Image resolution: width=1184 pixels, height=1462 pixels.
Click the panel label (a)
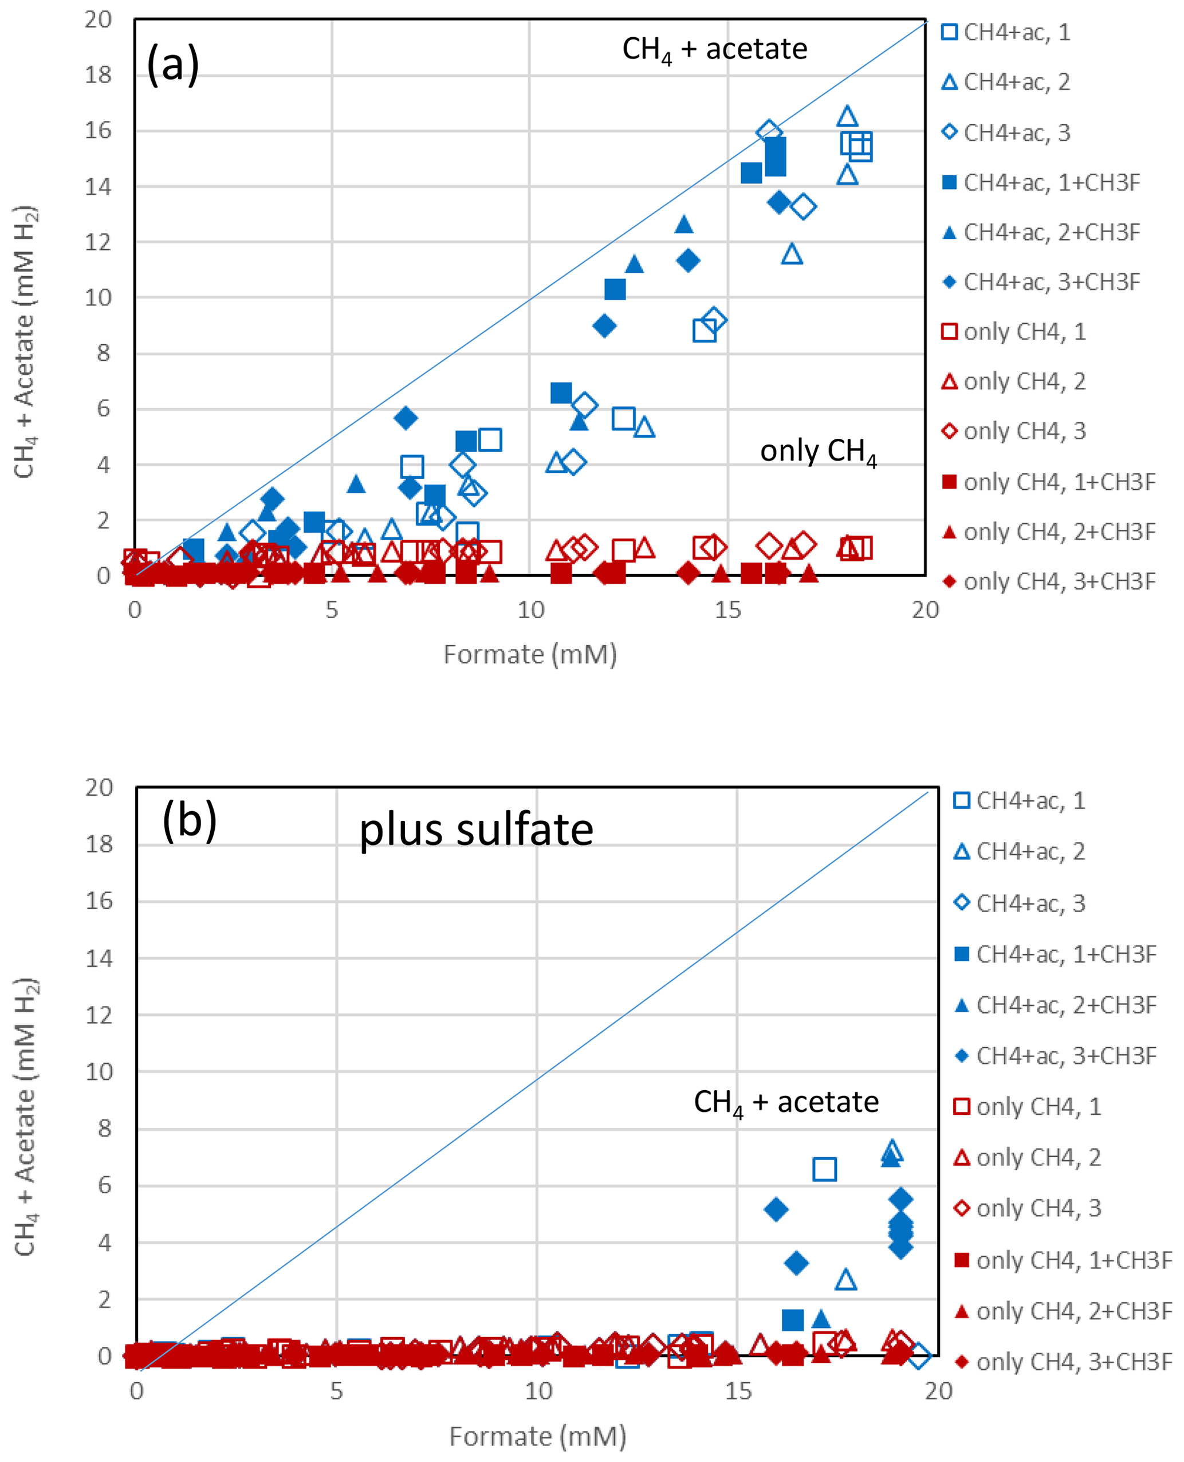coord(172,64)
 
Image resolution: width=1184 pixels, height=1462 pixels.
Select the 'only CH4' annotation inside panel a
coord(818,451)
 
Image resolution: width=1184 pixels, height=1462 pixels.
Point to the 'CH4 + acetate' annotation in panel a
coord(714,50)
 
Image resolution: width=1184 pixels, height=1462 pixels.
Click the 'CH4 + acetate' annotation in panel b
coord(786,1102)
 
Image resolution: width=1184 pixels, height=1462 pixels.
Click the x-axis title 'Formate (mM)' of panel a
coord(530,654)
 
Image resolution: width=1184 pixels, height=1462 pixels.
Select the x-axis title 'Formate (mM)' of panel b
coord(537,1436)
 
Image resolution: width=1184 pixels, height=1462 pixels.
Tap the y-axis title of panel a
coord(25,341)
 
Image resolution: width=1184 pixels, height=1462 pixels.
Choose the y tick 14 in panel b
coord(99,958)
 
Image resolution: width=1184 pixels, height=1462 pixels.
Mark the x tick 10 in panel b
coord(537,1391)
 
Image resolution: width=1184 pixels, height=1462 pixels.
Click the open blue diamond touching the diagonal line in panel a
coord(769,132)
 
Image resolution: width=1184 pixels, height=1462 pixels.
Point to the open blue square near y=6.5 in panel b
coord(825,1169)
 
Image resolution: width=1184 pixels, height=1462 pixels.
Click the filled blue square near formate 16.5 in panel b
coord(793,1319)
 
